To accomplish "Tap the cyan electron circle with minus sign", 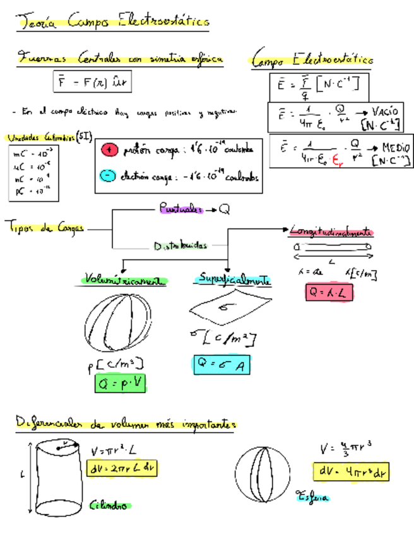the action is (109, 177).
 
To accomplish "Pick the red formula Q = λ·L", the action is (328, 292).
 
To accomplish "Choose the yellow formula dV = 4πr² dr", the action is (348, 472).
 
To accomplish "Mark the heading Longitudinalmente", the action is (331, 232).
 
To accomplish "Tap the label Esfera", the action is (312, 498).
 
